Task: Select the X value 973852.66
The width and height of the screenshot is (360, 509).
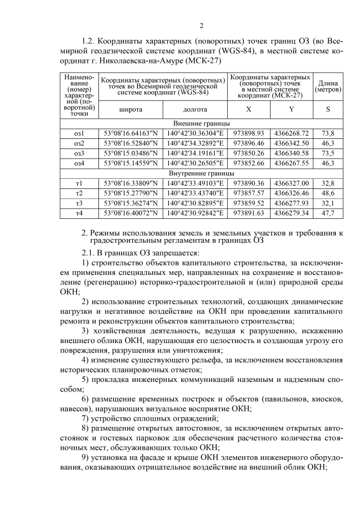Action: pos(249,164)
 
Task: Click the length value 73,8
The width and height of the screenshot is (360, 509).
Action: pos(328,133)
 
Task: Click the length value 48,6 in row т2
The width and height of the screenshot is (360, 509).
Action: pos(328,193)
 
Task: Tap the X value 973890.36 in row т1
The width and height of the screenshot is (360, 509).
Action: pos(249,184)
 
